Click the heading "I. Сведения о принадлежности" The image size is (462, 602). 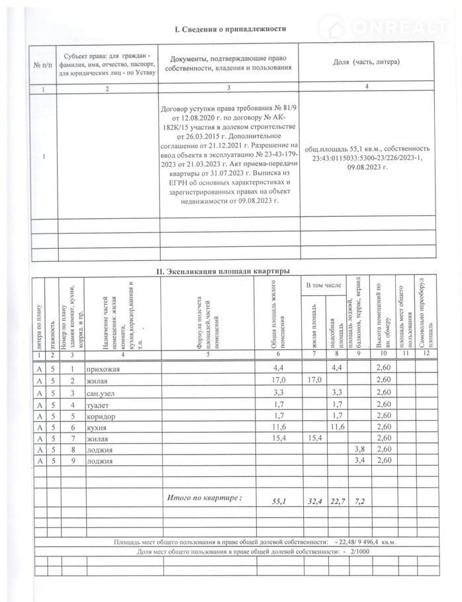(229, 29)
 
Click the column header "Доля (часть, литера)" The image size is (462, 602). (365, 62)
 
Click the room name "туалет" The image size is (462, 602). (98, 405)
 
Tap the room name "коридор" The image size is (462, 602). (100, 417)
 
